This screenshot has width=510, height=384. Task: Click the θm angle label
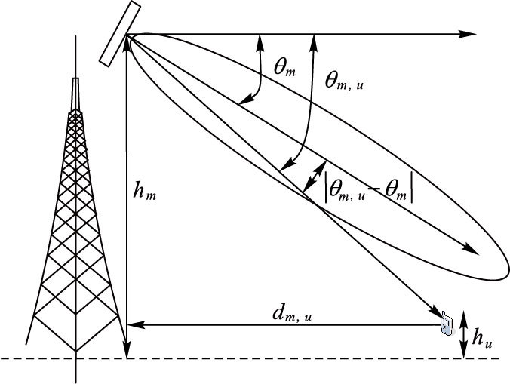[x=284, y=70]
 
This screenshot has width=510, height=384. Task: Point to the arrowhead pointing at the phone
[x=437, y=312]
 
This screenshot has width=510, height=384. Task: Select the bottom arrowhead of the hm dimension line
[x=127, y=352]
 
